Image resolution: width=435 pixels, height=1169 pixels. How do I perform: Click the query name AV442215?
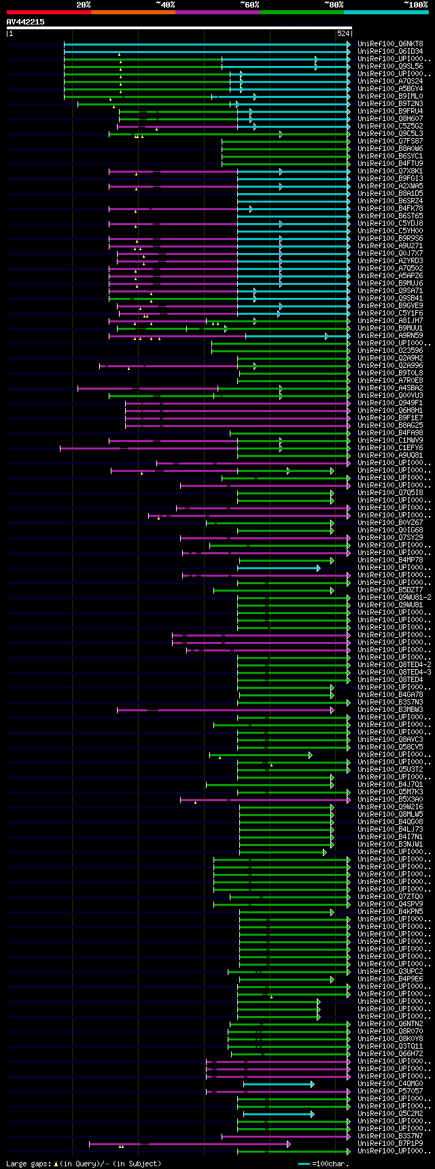pyautogui.click(x=26, y=22)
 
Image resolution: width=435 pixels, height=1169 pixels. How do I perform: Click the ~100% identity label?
pyautogui.click(x=415, y=5)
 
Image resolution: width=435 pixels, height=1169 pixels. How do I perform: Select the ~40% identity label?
pyautogui.click(x=164, y=5)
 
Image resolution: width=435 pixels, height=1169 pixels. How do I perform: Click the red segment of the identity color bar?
pyautogui.click(x=48, y=12)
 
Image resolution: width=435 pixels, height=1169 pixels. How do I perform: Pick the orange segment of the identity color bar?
pyautogui.click(x=133, y=12)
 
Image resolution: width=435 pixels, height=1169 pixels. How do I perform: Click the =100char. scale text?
pyautogui.click(x=332, y=1164)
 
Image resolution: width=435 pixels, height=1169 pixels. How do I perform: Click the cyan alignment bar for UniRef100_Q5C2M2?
pyautogui.click(x=279, y=1114)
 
